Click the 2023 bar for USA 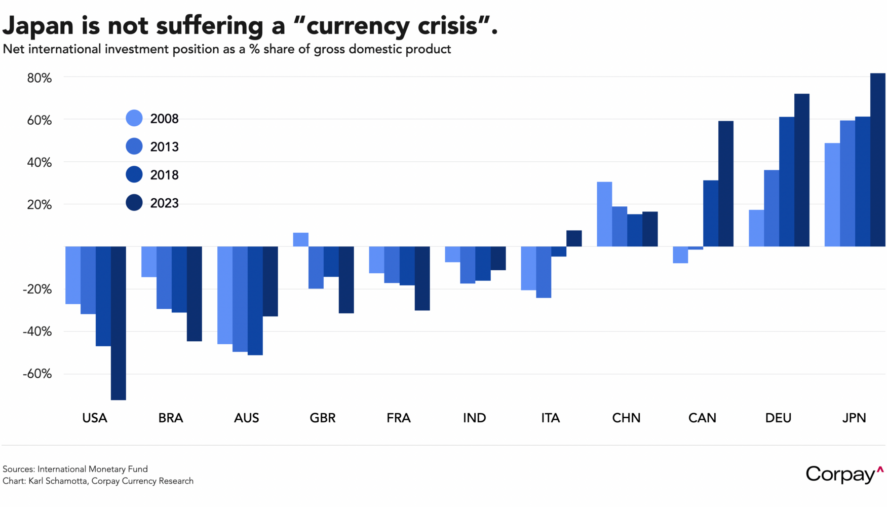[x=119, y=323]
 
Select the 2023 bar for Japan [x=877, y=160]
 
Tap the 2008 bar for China [x=604, y=214]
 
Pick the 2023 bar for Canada [x=725, y=184]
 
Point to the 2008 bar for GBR [x=301, y=239]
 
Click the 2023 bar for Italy [x=574, y=238]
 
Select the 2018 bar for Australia [x=255, y=301]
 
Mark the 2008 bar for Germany [x=756, y=228]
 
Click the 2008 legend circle [x=134, y=118]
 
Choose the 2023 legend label [x=165, y=203]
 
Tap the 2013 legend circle [x=134, y=147]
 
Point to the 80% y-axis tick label [x=40, y=78]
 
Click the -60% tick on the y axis [x=37, y=374]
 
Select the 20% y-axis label [x=40, y=205]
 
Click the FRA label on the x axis [x=398, y=418]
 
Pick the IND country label [x=474, y=418]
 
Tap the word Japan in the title [x=38, y=25]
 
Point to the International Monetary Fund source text [x=92, y=469]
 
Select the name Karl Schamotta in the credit [x=58, y=481]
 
